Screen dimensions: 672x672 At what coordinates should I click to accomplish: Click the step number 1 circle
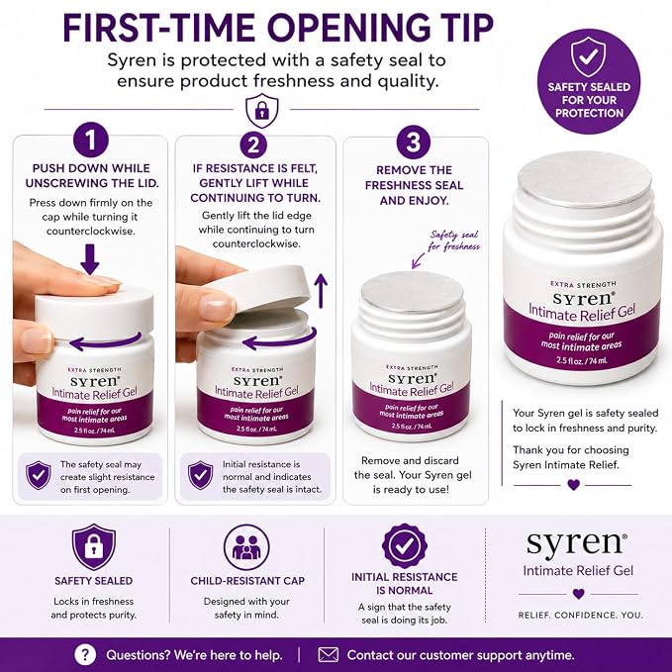pos(90,141)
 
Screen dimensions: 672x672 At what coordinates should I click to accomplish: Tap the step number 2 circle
pos(253,144)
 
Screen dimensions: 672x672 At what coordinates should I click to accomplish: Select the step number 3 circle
pos(413,142)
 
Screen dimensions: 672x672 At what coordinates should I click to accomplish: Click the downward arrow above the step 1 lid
pos(90,259)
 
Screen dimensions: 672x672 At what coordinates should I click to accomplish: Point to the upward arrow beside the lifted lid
pos(321,291)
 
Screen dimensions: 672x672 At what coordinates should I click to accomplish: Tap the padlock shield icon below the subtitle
pos(262,110)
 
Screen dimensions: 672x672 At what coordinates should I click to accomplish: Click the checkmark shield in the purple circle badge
pos(589,56)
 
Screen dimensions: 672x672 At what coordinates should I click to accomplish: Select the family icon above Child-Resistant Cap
pos(246,547)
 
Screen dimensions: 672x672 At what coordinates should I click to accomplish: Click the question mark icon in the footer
pos(85,655)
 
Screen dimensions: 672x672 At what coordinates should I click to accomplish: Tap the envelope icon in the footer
pos(329,655)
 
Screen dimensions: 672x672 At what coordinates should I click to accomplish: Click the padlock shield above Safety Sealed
pos(93,547)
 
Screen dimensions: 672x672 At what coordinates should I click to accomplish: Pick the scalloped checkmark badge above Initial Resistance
pos(404,545)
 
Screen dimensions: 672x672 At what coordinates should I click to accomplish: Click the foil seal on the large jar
pos(585,180)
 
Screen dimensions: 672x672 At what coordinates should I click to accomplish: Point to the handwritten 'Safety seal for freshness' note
pos(454,240)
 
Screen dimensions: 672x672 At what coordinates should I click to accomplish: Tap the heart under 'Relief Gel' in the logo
pos(579,594)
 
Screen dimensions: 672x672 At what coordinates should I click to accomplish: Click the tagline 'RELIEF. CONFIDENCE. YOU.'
pos(581,615)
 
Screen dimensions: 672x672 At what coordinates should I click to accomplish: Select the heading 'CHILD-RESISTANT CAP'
pos(247,581)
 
